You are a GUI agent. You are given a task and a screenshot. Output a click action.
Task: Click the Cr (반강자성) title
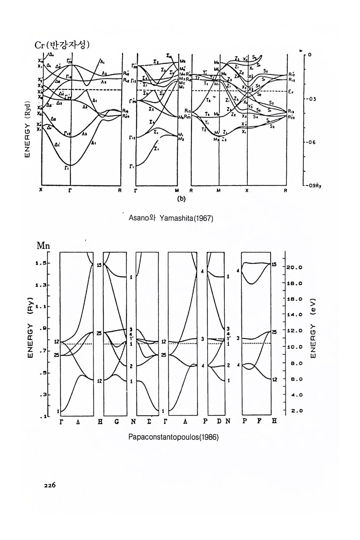point(63,45)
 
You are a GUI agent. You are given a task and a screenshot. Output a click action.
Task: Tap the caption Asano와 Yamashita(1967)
point(171,218)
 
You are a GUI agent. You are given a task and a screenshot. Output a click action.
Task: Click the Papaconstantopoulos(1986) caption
point(173,437)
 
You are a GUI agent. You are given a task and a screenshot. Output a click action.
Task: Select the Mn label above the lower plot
point(43,246)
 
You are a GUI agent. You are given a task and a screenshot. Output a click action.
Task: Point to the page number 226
point(49,485)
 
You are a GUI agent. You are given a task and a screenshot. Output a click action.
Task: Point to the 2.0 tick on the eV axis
point(296,411)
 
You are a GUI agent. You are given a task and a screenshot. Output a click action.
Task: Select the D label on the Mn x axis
point(219,421)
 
